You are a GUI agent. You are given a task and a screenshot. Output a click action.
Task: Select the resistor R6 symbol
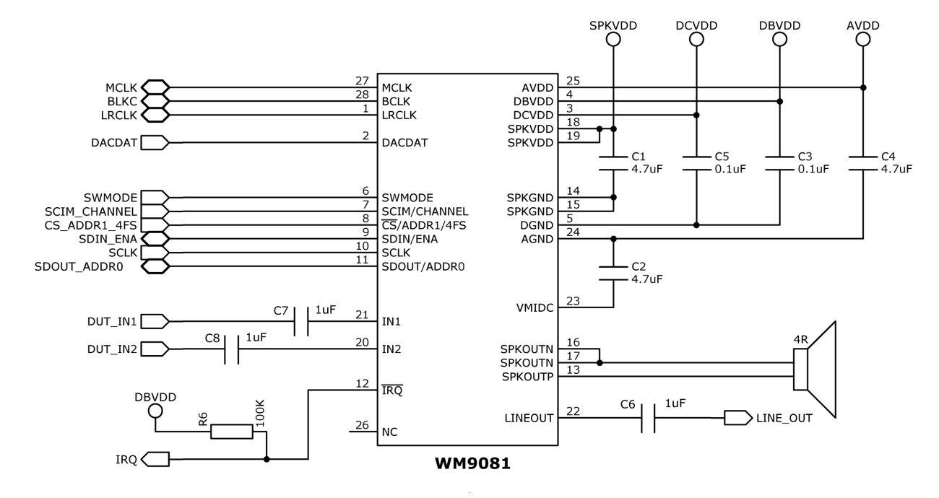(x=232, y=432)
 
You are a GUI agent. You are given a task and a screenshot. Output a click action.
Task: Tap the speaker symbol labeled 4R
(x=814, y=369)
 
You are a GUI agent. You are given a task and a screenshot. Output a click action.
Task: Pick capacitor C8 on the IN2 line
(x=232, y=349)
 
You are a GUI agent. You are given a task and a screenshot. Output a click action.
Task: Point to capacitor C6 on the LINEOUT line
(x=648, y=418)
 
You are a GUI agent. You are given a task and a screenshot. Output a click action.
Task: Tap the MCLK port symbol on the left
(x=155, y=87)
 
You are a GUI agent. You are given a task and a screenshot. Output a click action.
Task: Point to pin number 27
(x=363, y=81)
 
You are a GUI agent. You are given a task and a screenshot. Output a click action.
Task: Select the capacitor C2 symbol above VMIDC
(x=613, y=272)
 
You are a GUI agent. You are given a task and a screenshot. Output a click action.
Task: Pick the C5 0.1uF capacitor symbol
(x=696, y=162)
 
